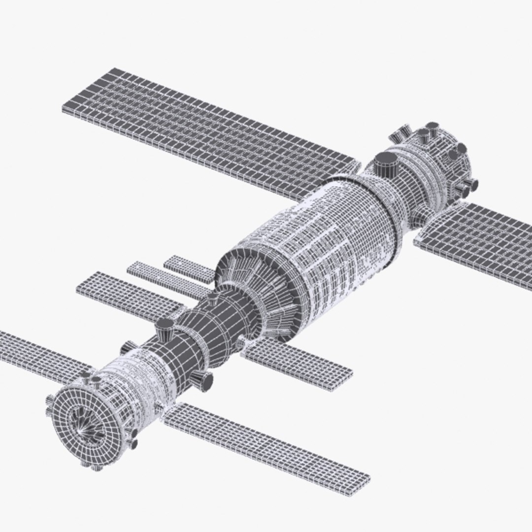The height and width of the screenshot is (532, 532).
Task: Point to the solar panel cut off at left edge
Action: pos(39,349)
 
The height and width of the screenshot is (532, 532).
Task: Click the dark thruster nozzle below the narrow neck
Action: pos(202,378)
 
